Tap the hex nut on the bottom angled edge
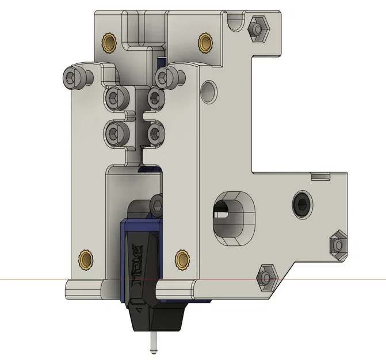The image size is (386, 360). tap(266, 277)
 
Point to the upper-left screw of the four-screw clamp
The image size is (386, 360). tap(113, 96)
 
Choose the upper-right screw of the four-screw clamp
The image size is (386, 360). tap(155, 96)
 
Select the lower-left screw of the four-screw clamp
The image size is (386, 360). tap(113, 132)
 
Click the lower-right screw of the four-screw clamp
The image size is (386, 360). tap(155, 132)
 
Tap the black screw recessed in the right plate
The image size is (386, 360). tap(300, 203)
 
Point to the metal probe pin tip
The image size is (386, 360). tap(154, 347)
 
